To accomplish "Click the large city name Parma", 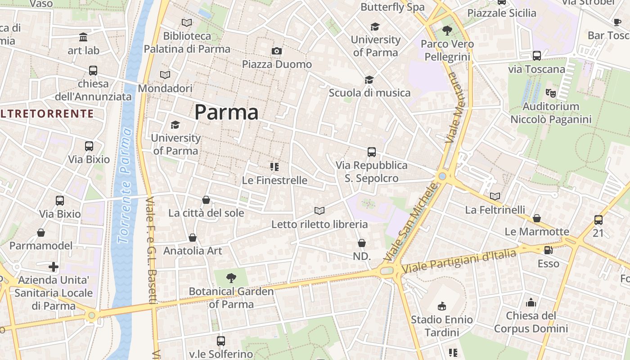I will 226,112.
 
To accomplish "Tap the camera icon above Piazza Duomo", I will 277,51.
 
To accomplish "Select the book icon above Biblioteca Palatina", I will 186,22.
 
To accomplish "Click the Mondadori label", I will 165,88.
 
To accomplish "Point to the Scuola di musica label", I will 369,93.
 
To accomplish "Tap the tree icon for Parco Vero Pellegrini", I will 447,31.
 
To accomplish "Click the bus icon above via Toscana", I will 536,56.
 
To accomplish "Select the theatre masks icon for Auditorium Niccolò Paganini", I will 550,93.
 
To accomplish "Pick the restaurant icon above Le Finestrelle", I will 274,167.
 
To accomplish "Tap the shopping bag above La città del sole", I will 206,200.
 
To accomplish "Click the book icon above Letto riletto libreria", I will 319,211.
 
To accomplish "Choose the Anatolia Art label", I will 193,251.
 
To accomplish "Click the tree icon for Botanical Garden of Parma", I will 231,278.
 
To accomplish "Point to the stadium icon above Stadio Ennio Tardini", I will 442,306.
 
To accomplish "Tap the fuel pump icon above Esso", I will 548,250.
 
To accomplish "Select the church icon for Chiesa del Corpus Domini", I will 531,302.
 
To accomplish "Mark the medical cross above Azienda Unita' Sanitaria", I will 54,267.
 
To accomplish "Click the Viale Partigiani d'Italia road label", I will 459,261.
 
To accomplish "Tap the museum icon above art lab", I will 83,37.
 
